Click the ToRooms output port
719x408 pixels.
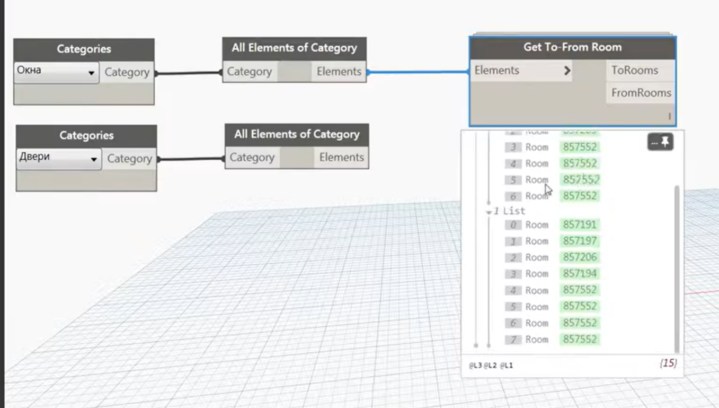point(634,71)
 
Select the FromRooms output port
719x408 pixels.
point(641,93)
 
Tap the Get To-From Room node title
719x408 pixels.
point(572,47)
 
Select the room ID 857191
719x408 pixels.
point(580,225)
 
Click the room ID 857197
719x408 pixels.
point(580,241)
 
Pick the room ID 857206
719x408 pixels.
point(580,257)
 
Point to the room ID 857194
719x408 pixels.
point(580,274)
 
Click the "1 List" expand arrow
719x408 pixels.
point(489,212)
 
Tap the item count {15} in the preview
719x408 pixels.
point(668,363)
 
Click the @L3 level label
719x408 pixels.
point(475,366)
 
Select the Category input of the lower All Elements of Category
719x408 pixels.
point(252,158)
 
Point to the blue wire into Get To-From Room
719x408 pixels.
point(419,72)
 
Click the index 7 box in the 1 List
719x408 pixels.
point(513,340)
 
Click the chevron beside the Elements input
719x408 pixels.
point(567,71)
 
